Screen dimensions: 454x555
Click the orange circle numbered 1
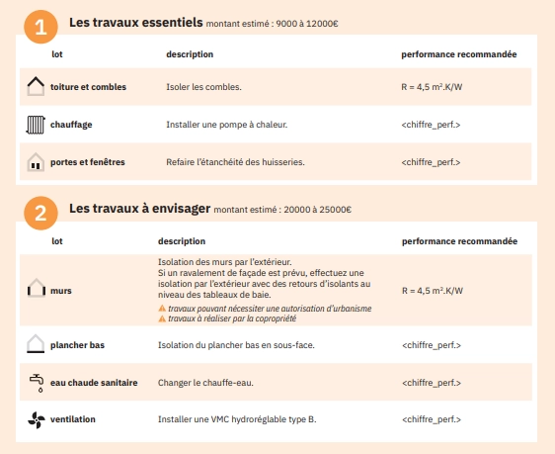tap(40, 27)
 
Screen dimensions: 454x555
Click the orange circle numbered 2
tap(40, 213)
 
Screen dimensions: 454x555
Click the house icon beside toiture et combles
tap(36, 87)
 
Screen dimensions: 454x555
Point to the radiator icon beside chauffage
tap(36, 125)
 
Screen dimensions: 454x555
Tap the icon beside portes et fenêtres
tap(36, 162)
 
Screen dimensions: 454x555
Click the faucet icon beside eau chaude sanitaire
tap(36, 382)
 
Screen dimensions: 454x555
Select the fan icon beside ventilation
tap(36, 419)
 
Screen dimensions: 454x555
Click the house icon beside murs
tap(36, 290)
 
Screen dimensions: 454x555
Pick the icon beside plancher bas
tap(36, 344)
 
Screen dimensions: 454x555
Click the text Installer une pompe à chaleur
tap(217, 125)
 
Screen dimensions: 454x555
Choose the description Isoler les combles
tap(203, 87)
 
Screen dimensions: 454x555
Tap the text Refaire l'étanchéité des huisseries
tap(235, 162)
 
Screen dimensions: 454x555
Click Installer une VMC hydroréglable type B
tap(237, 419)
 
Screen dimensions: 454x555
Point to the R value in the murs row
tap(433, 291)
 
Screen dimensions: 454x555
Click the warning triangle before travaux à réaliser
tap(162, 318)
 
